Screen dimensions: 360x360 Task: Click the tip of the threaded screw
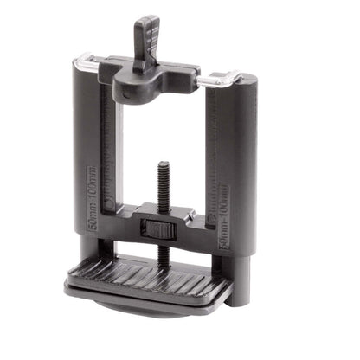(x=162, y=164)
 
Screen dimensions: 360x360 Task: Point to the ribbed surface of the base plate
(x=147, y=274)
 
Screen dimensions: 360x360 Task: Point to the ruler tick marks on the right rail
(x=214, y=164)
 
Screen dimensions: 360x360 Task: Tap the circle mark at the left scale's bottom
(x=110, y=206)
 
